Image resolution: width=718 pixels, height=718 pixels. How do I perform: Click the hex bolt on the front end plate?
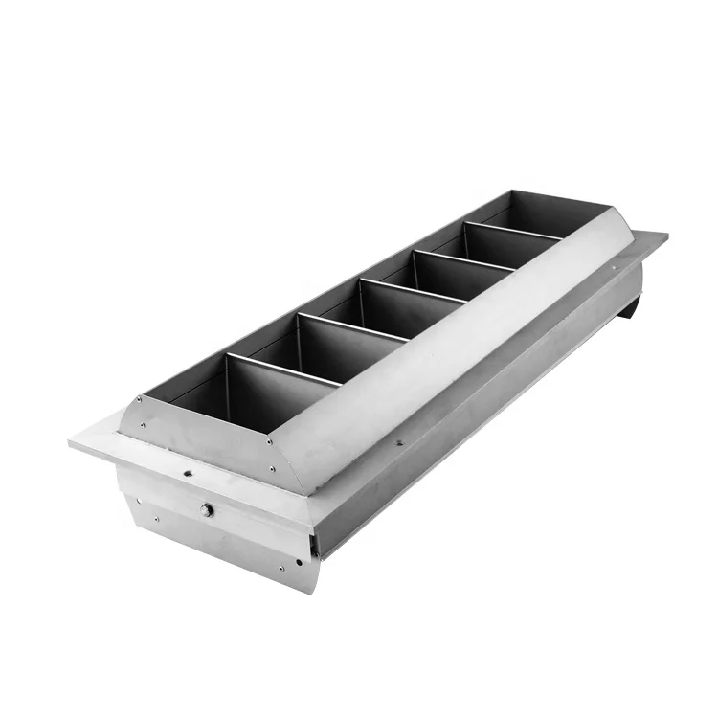[x=207, y=510]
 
